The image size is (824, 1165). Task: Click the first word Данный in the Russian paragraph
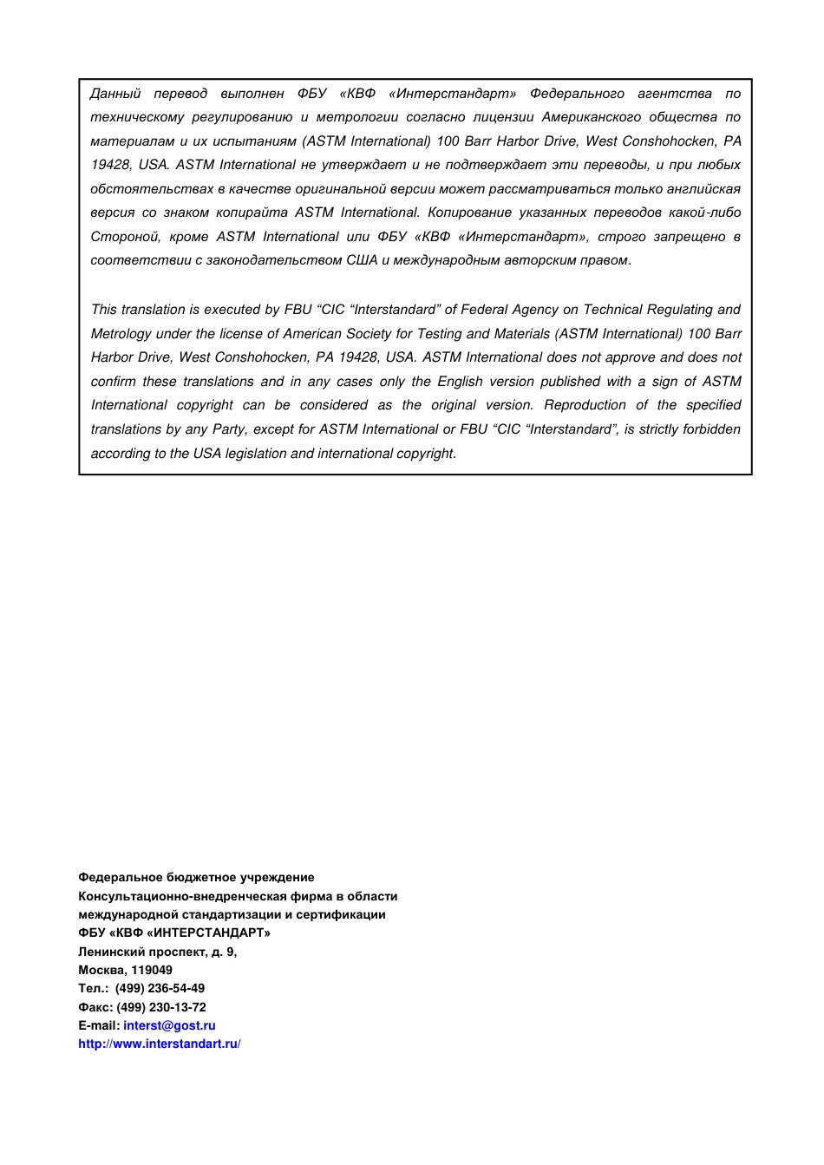pos(115,94)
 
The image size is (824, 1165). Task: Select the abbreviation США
pos(362,260)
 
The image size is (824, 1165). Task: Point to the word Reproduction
pos(585,405)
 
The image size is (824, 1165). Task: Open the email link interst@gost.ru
pos(169,1025)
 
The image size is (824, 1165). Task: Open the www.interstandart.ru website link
pos(160,1044)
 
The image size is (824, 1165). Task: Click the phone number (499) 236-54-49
pos(160,988)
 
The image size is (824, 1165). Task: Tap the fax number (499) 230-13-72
pos(161,1007)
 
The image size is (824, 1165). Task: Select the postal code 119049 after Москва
pos(152,970)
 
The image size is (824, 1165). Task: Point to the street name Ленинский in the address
pos(111,952)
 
